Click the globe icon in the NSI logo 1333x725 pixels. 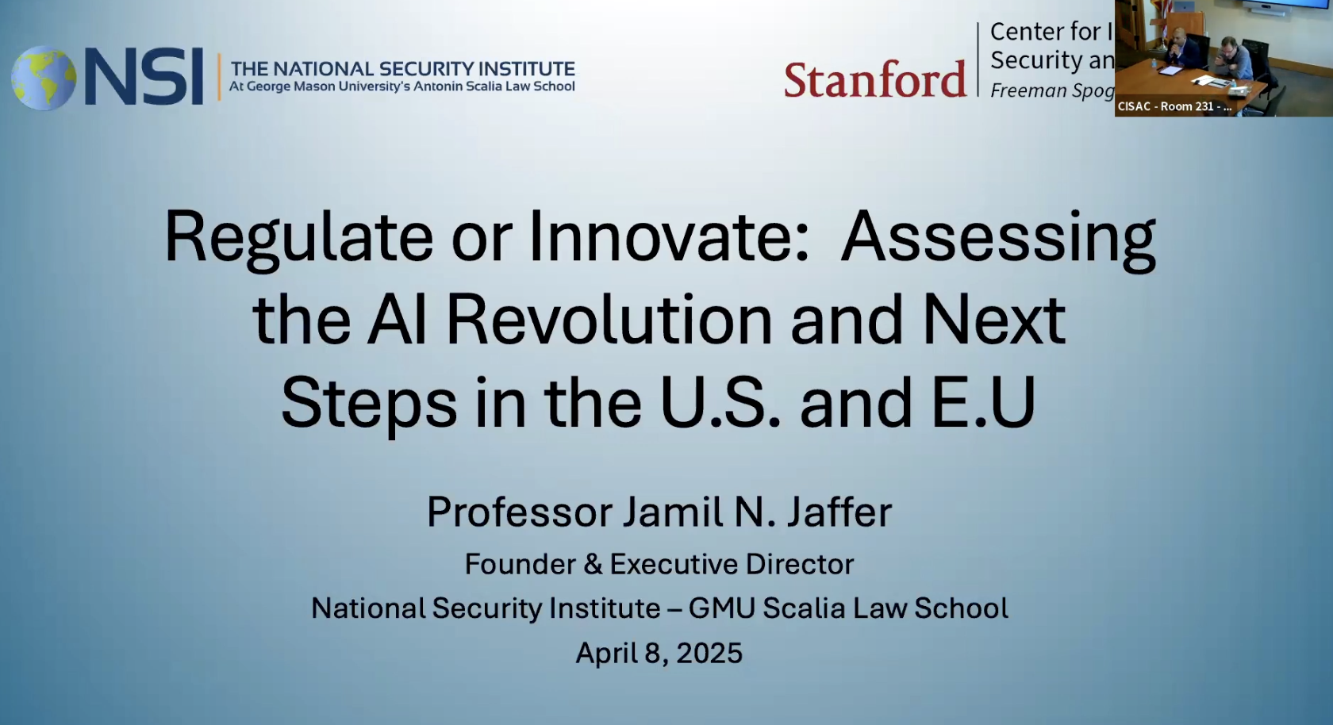click(44, 78)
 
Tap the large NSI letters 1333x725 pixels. click(144, 77)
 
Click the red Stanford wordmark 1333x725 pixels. click(875, 79)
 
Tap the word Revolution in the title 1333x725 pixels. click(608, 320)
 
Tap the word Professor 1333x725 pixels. click(520, 512)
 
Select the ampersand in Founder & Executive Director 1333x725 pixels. click(593, 565)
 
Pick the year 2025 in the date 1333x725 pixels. click(709, 653)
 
